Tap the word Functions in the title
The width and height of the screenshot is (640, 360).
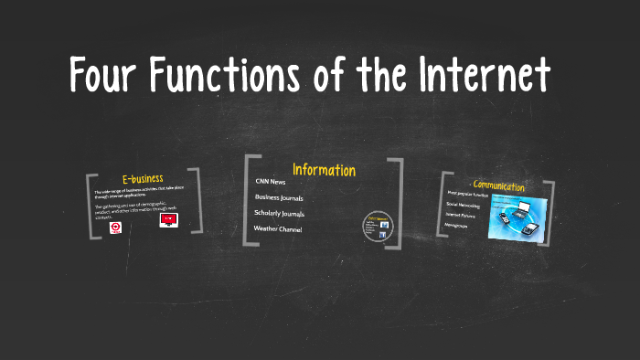pyautogui.click(x=237, y=74)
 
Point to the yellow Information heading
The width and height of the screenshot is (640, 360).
pyautogui.click(x=324, y=170)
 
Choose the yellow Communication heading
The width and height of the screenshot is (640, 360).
pyautogui.click(x=499, y=185)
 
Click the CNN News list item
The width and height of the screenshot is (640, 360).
pyautogui.click(x=271, y=182)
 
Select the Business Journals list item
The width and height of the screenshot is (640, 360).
pyautogui.click(x=279, y=197)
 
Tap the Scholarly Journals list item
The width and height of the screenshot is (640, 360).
pyautogui.click(x=279, y=213)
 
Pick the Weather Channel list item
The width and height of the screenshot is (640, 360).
pyautogui.click(x=277, y=228)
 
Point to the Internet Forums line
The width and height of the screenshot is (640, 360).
pyautogui.click(x=462, y=215)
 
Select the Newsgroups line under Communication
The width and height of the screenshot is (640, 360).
pyautogui.click(x=456, y=225)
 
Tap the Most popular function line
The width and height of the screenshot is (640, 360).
pyautogui.click(x=467, y=194)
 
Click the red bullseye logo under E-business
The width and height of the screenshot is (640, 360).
pyautogui.click(x=116, y=228)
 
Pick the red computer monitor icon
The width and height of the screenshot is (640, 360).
pyautogui.click(x=168, y=220)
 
